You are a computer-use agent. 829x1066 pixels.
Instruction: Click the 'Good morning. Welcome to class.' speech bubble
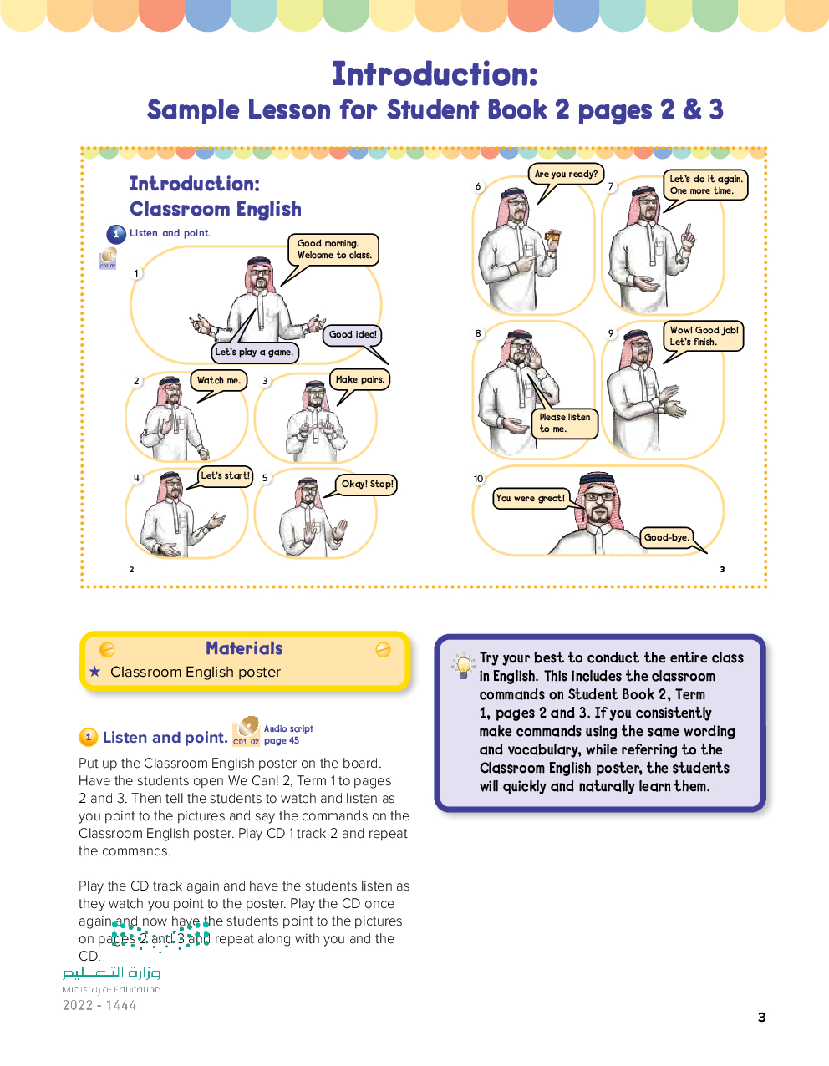click(333, 250)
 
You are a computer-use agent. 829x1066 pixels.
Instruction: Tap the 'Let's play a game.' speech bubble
click(254, 353)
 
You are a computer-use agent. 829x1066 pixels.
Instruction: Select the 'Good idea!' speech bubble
click(353, 335)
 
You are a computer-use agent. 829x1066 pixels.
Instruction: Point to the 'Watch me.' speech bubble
click(218, 381)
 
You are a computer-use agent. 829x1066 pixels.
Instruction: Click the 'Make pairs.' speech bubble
click(359, 380)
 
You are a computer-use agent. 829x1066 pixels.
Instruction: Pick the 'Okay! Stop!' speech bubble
click(367, 485)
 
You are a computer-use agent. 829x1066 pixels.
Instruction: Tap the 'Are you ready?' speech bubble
click(566, 175)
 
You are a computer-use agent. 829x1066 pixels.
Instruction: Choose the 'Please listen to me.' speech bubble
click(564, 423)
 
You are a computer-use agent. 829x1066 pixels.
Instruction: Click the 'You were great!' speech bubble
click(531, 499)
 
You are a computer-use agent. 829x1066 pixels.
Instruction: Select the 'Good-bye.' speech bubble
click(667, 538)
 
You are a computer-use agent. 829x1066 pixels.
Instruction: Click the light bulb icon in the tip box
click(462, 666)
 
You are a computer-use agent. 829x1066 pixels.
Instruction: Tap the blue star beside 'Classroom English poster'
click(94, 672)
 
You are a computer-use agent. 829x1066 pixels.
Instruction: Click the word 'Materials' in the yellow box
click(244, 648)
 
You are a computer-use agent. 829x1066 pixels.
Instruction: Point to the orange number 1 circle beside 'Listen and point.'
click(88, 737)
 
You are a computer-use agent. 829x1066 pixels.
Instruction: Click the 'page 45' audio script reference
click(282, 741)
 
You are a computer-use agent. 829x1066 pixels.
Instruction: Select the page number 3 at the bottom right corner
click(761, 1017)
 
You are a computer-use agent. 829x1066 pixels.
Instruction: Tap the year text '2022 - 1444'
click(99, 1006)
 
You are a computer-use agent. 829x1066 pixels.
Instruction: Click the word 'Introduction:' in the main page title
click(435, 74)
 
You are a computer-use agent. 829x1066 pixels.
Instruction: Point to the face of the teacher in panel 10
click(598, 504)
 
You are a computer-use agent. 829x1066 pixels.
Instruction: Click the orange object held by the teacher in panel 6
click(552, 240)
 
